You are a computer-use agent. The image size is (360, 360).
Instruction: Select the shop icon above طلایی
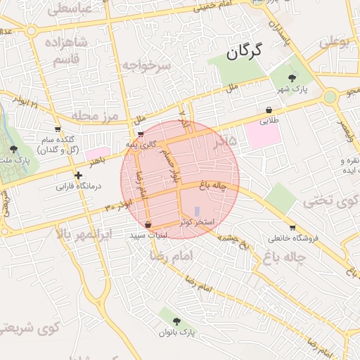coord(270,110)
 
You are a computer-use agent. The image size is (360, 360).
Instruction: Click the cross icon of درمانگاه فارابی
coord(79,174)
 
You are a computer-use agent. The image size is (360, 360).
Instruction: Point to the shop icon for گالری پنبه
coord(141,134)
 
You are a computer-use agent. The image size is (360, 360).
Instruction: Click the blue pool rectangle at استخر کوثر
coord(197,211)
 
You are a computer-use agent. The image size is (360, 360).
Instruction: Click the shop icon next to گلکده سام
coord(57,129)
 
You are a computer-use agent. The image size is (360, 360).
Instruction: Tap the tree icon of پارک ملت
coord(13,148)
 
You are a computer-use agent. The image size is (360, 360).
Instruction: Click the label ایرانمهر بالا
coord(83,233)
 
